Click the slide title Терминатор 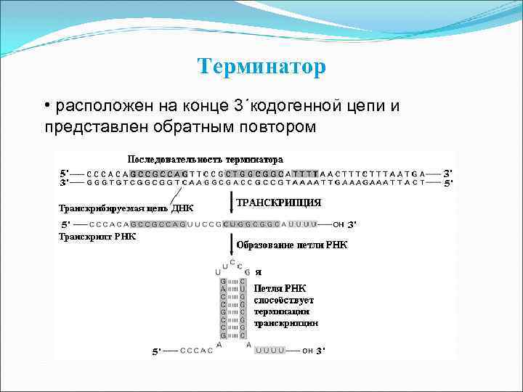(x=261, y=68)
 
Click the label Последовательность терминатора (x=206, y=159)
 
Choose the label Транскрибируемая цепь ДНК (x=126, y=208)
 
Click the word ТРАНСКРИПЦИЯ (x=279, y=203)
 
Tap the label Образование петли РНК (x=292, y=245)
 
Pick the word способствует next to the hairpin (x=283, y=299)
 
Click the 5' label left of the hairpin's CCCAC (x=156, y=351)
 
